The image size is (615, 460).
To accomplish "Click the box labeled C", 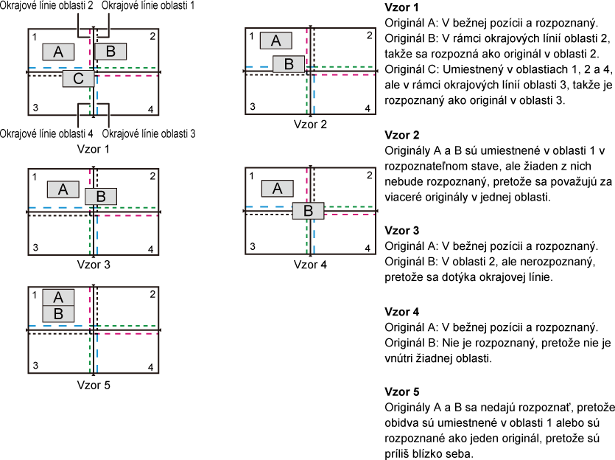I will pyautogui.click(x=78, y=79).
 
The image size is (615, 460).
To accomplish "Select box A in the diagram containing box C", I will pyautogui.click(x=58, y=52).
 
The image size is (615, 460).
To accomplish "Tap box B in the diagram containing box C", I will pyautogui.click(x=110, y=52).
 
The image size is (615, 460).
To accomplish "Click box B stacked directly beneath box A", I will pyautogui.click(x=58, y=314).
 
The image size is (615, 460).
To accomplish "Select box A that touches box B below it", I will pyautogui.click(x=58, y=297).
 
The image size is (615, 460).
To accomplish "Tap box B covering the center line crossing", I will pyautogui.click(x=308, y=211).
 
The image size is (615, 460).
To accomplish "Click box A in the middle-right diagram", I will pyautogui.click(x=277, y=189).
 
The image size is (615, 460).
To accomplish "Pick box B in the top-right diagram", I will pyautogui.click(x=289, y=64).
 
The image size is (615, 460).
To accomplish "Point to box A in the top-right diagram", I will pyautogui.click(x=275, y=41).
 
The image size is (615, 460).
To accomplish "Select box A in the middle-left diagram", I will pyautogui.click(x=63, y=189).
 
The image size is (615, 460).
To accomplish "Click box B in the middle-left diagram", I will pyautogui.click(x=100, y=197).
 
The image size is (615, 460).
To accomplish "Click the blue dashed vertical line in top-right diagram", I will pyautogui.click(x=314, y=96).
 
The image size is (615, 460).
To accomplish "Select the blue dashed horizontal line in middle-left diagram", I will pyautogui.click(x=55, y=208).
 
